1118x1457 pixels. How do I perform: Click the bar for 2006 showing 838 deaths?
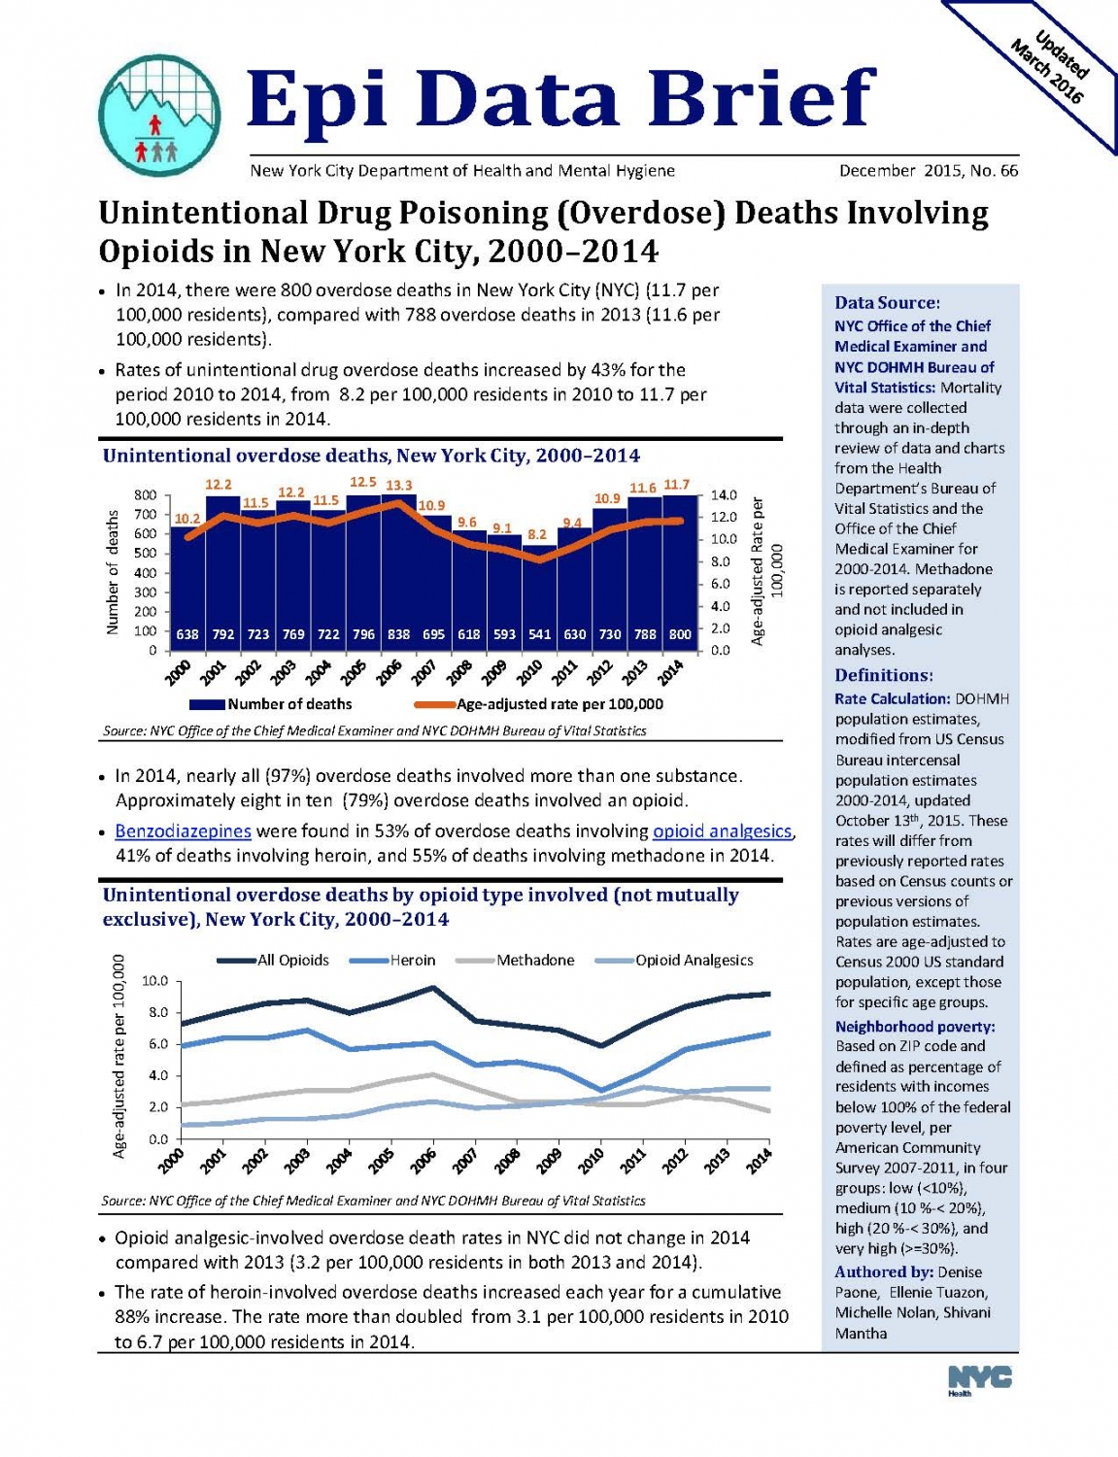pyautogui.click(x=399, y=573)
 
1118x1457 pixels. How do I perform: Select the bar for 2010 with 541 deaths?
pyautogui.click(x=539, y=597)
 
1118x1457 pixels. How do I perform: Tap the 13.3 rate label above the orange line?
pyautogui.click(x=399, y=485)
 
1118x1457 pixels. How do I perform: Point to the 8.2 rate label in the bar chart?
pyautogui.click(x=537, y=534)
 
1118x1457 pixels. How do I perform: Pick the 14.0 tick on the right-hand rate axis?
pyautogui.click(x=724, y=494)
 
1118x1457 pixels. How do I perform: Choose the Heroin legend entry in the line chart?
pyautogui.click(x=393, y=960)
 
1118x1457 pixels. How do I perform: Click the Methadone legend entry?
pyautogui.click(x=515, y=960)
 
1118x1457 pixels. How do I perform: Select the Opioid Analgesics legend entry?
pyautogui.click(x=674, y=960)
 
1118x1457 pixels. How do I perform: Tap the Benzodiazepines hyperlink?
pyautogui.click(x=183, y=831)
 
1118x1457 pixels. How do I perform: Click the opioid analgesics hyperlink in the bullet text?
pyautogui.click(x=723, y=831)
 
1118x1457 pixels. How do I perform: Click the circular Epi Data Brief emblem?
pyautogui.click(x=159, y=116)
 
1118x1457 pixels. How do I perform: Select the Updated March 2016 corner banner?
pyautogui.click(x=1050, y=70)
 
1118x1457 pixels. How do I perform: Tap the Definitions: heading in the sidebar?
pyautogui.click(x=883, y=674)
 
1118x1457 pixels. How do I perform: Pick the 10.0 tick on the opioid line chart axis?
pyautogui.click(x=154, y=982)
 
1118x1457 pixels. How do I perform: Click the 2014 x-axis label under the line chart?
pyautogui.click(x=760, y=1161)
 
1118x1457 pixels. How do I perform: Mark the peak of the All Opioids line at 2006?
pyautogui.click(x=433, y=988)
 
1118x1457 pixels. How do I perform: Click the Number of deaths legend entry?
pyautogui.click(x=271, y=704)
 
